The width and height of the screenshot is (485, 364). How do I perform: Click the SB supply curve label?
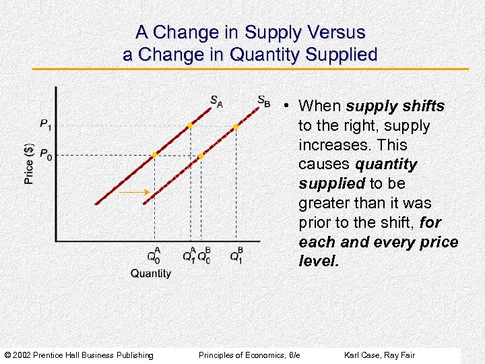coord(263,101)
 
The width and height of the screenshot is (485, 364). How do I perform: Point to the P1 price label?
coord(46,124)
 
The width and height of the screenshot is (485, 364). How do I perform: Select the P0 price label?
coord(46,155)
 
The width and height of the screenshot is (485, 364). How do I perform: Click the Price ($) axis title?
coord(29,164)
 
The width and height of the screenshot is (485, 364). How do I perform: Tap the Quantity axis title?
coord(151,273)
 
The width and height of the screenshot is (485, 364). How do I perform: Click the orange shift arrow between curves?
coord(134,193)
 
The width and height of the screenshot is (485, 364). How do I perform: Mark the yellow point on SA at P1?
coord(190,125)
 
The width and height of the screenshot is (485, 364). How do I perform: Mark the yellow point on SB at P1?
coord(236,126)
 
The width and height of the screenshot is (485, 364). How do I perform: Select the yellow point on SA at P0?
coord(154,155)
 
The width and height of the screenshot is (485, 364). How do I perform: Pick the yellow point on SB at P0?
coord(200,156)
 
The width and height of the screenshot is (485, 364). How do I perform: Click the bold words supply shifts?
coord(395,106)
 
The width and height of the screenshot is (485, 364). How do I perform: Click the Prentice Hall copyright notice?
coord(79,355)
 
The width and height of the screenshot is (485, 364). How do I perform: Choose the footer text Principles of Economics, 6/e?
coord(249,355)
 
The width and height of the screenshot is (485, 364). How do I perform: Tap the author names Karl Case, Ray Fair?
coord(379,355)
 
